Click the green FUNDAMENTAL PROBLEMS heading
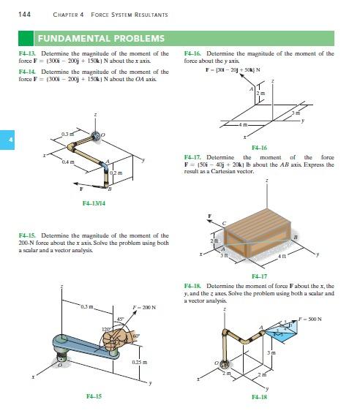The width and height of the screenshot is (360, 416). coord(101,38)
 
